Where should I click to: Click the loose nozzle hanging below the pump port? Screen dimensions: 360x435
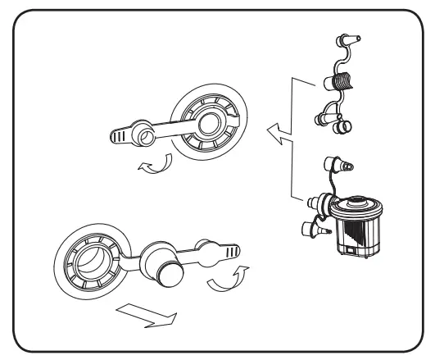(x=315, y=232)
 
